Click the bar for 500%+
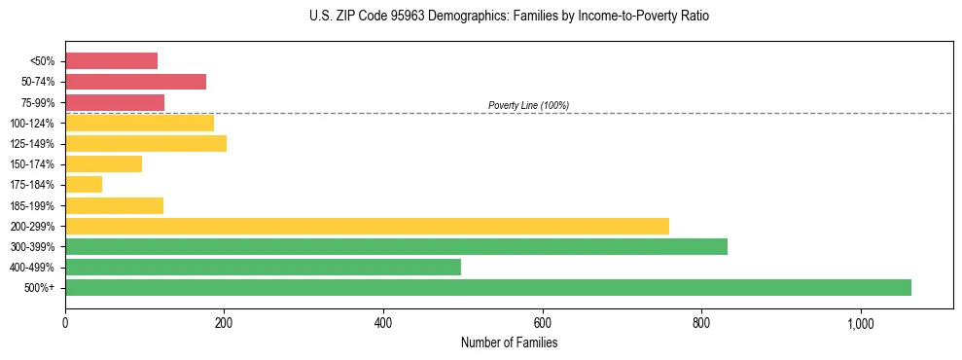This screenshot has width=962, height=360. (488, 287)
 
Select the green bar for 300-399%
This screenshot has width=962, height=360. (396, 246)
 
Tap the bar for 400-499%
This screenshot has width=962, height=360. (263, 267)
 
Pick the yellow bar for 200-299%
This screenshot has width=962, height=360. (367, 226)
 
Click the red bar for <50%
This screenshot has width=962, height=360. (111, 61)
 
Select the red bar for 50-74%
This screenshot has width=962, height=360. (135, 82)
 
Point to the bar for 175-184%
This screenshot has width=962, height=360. (84, 185)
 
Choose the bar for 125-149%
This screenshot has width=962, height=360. (146, 143)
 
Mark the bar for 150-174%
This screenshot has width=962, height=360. (103, 164)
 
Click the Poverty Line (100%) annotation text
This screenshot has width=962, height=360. (528, 105)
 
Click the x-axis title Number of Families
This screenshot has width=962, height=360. (509, 342)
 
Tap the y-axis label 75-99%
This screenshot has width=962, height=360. (38, 103)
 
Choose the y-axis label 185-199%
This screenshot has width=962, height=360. (35, 205)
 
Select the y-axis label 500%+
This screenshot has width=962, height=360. (40, 288)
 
